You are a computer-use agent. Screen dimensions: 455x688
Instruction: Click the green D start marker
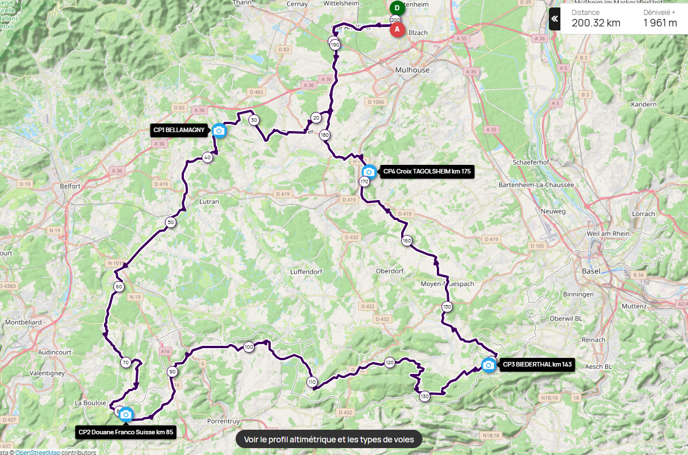397,8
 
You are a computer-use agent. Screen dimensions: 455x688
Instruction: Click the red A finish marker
397,30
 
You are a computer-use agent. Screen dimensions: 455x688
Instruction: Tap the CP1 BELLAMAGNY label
179,130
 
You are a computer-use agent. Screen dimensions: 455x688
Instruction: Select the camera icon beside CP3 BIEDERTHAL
488,365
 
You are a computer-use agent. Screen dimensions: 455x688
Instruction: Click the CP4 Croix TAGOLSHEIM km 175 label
426,171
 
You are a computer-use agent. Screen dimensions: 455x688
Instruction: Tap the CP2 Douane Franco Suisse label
125,431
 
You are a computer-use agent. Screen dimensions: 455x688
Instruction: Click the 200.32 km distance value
595,23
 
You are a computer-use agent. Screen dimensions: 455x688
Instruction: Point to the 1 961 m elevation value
660,23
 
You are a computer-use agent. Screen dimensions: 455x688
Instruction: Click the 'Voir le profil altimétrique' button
329,439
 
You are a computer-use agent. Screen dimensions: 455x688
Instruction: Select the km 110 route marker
312,382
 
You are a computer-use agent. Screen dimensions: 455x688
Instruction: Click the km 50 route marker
170,222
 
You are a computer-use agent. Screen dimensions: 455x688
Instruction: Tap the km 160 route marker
407,241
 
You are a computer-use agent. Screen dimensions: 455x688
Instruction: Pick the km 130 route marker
424,396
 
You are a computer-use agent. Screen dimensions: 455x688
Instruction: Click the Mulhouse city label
412,70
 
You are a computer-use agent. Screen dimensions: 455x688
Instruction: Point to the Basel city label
591,271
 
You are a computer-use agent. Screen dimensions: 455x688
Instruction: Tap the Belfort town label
69,186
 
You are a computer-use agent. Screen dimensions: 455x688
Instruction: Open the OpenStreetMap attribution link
37,452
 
